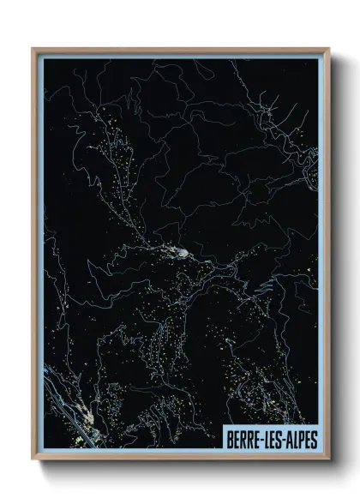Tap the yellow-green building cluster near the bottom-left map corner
coord(82,438)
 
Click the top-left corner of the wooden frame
coord(33,49)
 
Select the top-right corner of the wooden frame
coord(328,49)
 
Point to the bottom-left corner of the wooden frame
coord(33,459)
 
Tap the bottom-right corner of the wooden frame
coord(328,459)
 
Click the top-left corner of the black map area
coord(45,60)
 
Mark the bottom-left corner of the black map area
coord(45,448)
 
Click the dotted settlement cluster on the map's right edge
coord(310,163)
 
